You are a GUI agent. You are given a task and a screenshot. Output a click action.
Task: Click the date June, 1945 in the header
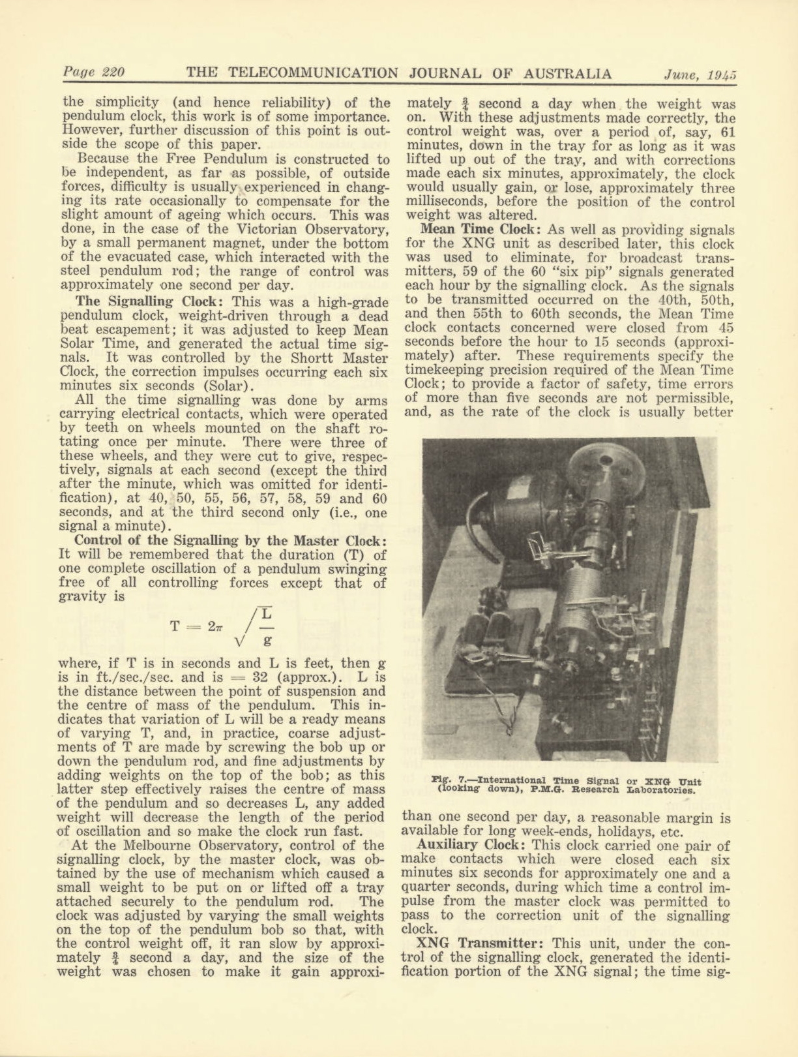click(699, 74)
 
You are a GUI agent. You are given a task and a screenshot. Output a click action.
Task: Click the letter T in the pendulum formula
click(175, 626)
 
